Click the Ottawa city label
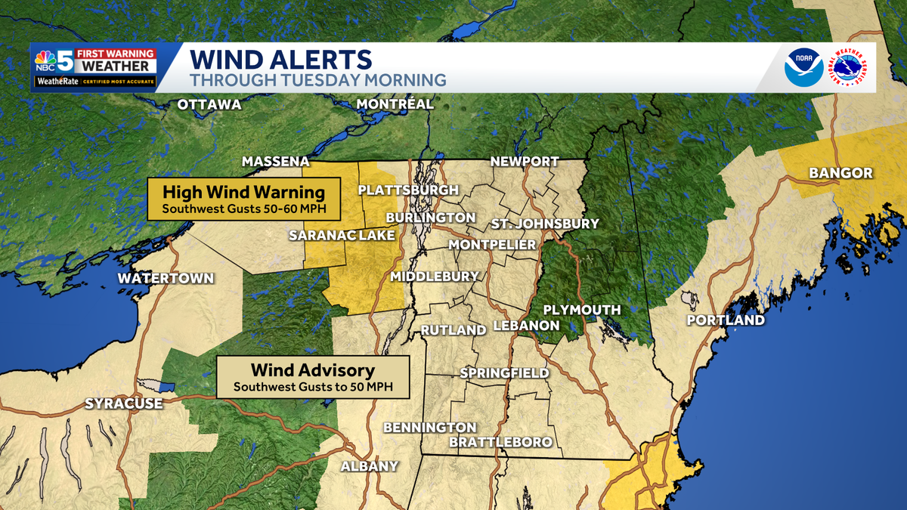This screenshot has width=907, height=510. pyautogui.click(x=209, y=104)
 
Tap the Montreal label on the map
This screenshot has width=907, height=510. pyautogui.click(x=395, y=104)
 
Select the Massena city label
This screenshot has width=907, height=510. pyautogui.click(x=275, y=162)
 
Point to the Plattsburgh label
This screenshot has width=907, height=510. pyautogui.click(x=408, y=190)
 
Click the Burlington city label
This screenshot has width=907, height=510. pyautogui.click(x=430, y=218)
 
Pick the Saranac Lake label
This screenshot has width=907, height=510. pyautogui.click(x=342, y=236)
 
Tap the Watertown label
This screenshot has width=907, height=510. pyautogui.click(x=166, y=279)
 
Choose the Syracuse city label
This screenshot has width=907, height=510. pyautogui.click(x=123, y=403)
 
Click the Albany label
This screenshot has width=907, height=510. pyautogui.click(x=369, y=466)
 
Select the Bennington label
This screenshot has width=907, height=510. pyautogui.click(x=429, y=428)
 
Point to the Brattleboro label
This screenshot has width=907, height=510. pyautogui.click(x=500, y=442)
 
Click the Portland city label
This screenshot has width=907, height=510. pyautogui.click(x=725, y=320)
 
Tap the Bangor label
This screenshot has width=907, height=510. pyautogui.click(x=840, y=174)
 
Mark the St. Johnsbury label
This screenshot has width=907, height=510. pyautogui.click(x=544, y=224)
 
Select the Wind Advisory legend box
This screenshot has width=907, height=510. pyautogui.click(x=312, y=377)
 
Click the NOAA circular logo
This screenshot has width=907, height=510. pyautogui.click(x=803, y=67)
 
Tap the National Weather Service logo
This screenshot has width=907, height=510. pyautogui.click(x=850, y=67)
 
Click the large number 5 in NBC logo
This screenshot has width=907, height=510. pyautogui.click(x=65, y=61)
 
